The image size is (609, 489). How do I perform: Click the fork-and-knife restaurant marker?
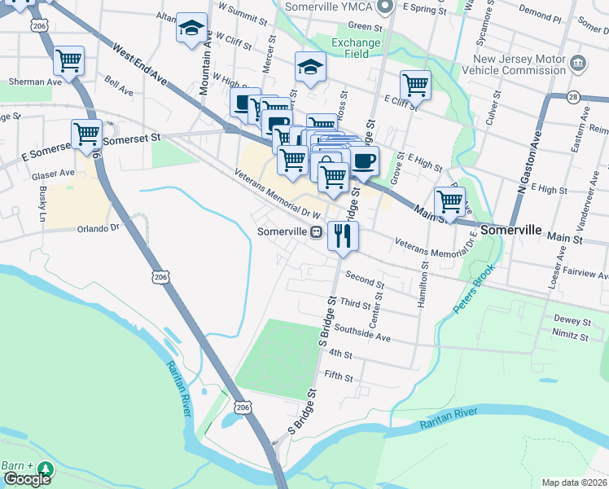click(x=343, y=236)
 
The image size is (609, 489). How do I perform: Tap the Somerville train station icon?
click(x=314, y=231)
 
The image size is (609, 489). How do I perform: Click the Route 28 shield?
click(x=574, y=97)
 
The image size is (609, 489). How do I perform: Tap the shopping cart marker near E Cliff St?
click(x=415, y=84)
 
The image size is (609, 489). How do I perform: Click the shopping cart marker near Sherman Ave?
click(x=69, y=59)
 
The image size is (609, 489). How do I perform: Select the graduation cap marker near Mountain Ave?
click(x=192, y=29)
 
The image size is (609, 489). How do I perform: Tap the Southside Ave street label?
click(x=362, y=335)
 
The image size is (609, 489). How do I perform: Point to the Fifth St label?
click(x=338, y=377)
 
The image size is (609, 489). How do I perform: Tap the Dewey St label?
click(x=571, y=319)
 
